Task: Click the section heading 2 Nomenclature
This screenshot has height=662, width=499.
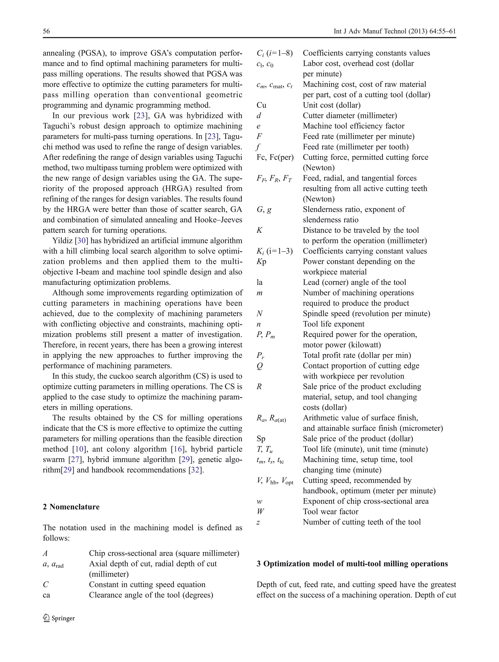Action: tap(71, 507)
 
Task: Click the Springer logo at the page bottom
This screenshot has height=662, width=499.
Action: tap(59, 618)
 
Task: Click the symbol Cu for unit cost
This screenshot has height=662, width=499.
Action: tap(261, 105)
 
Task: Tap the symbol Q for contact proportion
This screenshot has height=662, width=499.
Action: tap(259, 366)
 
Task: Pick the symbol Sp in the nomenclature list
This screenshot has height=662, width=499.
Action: tap(261, 439)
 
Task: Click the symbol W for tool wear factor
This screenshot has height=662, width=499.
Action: tap(260, 511)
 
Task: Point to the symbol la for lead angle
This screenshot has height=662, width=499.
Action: tap(259, 282)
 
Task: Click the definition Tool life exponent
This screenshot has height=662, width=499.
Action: tap(334, 324)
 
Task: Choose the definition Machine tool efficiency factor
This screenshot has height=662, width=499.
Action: tap(354, 126)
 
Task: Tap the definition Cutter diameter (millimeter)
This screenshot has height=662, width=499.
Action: tap(350, 116)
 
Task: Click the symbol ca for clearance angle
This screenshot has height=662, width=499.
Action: tap(47, 595)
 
